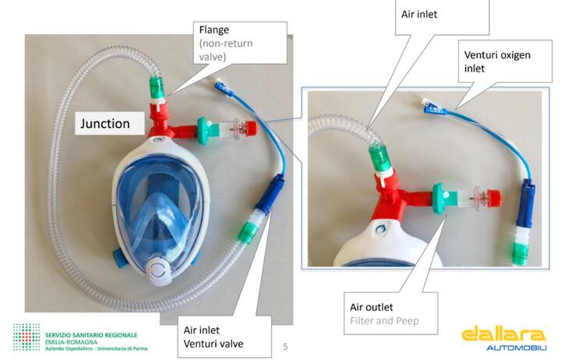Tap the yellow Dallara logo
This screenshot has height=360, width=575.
click(x=502, y=333)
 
